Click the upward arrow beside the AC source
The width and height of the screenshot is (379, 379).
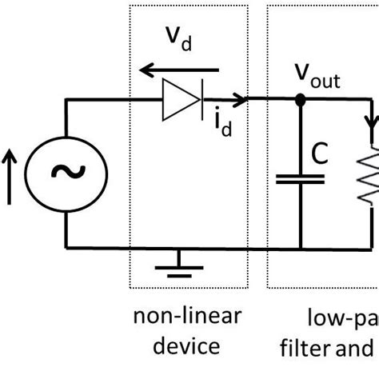click(x=10, y=174)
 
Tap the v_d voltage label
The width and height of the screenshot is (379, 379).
click(x=179, y=37)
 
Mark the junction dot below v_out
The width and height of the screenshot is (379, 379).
click(x=300, y=101)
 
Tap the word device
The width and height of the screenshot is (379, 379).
click(x=187, y=346)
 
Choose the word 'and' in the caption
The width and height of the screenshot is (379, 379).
click(x=357, y=346)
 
